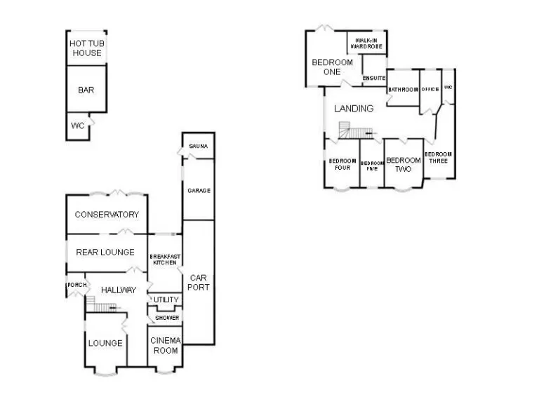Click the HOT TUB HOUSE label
click(x=86, y=48)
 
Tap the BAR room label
click(x=86, y=90)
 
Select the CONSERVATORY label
click(x=107, y=215)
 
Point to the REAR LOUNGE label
click(x=105, y=252)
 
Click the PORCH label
click(x=76, y=285)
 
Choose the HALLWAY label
click(x=118, y=290)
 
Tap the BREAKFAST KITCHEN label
click(x=165, y=259)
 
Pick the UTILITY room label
click(x=166, y=300)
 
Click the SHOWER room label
click(x=166, y=318)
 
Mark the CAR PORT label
click(x=199, y=282)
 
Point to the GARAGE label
click(x=199, y=191)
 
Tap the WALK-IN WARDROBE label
click(x=367, y=43)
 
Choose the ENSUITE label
click(x=374, y=78)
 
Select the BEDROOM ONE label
click(x=332, y=67)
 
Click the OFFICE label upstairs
click(x=430, y=89)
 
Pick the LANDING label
click(x=354, y=109)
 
